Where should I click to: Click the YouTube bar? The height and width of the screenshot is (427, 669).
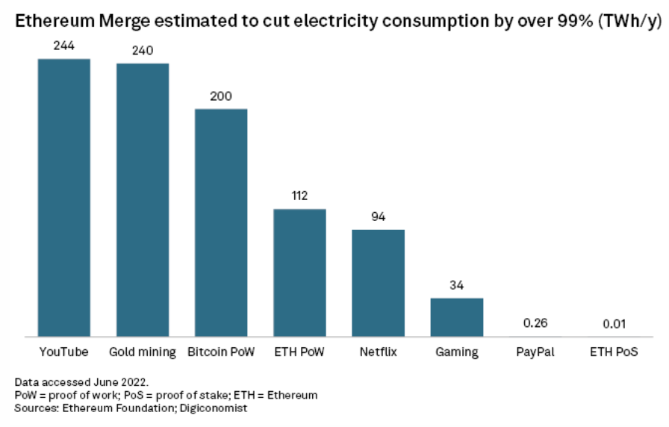(x=64, y=198)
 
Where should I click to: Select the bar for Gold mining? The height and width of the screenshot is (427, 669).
(x=143, y=200)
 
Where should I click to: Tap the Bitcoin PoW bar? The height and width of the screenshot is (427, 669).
(x=221, y=222)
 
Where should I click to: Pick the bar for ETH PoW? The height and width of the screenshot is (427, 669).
(x=299, y=272)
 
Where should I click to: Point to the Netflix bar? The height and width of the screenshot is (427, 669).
(x=378, y=283)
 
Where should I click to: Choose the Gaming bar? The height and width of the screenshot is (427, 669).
(x=456, y=317)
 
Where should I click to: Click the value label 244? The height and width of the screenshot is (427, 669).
(x=64, y=46)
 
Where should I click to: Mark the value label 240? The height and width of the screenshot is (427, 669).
(x=143, y=50)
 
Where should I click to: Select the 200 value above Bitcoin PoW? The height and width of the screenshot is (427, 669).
(x=221, y=96)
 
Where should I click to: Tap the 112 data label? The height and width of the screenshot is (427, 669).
(x=299, y=196)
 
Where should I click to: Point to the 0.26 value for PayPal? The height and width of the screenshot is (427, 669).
(x=535, y=324)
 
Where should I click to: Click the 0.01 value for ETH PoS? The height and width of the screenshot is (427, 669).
(x=614, y=324)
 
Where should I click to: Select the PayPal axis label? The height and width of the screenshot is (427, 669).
(x=535, y=352)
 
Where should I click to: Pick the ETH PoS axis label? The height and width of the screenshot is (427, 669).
(x=614, y=352)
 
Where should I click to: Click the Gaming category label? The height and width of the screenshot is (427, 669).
(x=456, y=352)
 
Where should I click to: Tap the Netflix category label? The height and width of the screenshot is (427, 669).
(x=378, y=352)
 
